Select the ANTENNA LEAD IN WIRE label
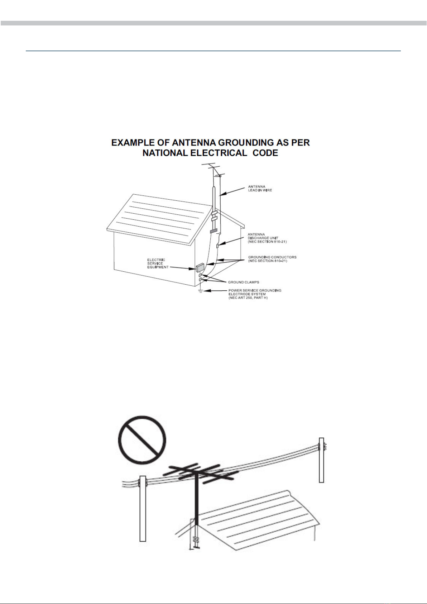point(260,188)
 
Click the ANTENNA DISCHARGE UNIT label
point(267,238)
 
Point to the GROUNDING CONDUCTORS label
point(272,259)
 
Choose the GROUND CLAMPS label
point(244,282)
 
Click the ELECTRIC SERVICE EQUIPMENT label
point(158,263)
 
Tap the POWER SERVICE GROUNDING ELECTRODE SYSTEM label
point(255,294)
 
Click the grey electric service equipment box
point(200,267)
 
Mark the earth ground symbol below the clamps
point(201,291)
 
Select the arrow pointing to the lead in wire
point(233,191)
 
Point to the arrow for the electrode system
point(216,291)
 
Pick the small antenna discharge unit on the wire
point(218,246)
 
